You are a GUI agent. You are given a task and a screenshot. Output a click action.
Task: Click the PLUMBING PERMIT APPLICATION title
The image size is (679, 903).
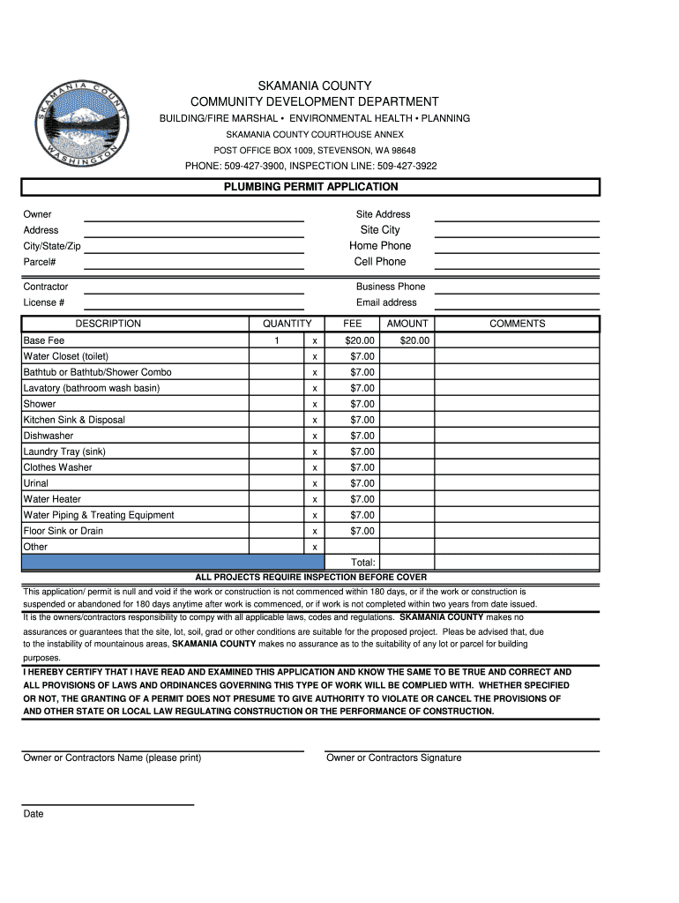(x=310, y=187)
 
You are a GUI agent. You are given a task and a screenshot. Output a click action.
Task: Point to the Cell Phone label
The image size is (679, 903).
(x=380, y=262)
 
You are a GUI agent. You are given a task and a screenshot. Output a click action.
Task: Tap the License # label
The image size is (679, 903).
(x=43, y=303)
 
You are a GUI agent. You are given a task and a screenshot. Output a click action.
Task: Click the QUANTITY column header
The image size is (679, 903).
(x=280, y=324)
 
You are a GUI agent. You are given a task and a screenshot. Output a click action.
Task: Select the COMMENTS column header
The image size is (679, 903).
(x=518, y=324)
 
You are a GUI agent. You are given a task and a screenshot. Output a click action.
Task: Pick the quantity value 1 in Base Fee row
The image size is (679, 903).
(x=276, y=340)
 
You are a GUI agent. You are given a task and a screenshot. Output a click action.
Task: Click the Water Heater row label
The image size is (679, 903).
(x=52, y=499)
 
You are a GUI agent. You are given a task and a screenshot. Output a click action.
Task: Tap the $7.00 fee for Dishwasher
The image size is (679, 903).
(x=362, y=436)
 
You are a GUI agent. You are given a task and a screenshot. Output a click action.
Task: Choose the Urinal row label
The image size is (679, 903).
(x=36, y=483)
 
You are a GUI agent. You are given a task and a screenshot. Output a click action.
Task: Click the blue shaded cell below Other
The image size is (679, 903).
(x=173, y=562)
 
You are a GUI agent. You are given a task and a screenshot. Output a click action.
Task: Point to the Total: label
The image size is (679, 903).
(x=362, y=563)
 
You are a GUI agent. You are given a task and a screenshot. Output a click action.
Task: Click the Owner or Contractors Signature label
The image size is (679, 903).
(x=393, y=757)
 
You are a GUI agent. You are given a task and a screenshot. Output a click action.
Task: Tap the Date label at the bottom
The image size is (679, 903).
(x=34, y=814)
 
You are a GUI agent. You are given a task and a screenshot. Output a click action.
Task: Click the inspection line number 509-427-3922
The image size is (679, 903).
(x=407, y=166)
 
